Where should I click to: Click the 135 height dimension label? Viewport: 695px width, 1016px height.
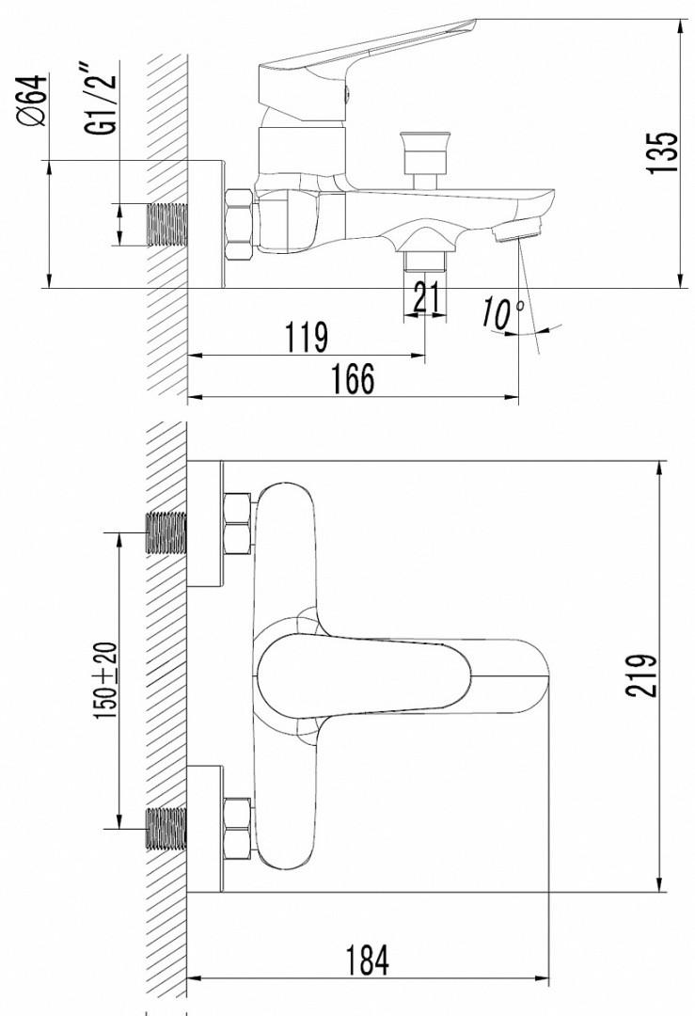[x=664, y=152]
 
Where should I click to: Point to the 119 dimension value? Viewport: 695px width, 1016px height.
[x=307, y=336]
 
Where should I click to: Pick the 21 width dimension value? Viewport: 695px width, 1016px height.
[x=427, y=300]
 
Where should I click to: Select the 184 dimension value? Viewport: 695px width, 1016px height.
[x=367, y=961]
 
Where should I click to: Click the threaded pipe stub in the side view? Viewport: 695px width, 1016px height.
[x=168, y=224]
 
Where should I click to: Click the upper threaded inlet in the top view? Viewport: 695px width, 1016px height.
[x=167, y=532]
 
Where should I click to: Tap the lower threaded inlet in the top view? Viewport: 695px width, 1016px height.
[x=167, y=827]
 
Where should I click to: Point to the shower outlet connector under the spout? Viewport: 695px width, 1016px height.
[x=426, y=258]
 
